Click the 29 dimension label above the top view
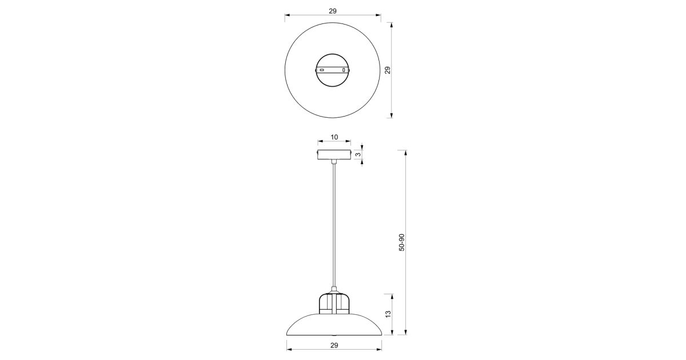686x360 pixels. (333, 11)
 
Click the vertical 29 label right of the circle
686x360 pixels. (388, 70)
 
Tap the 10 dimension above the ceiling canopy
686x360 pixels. (334, 137)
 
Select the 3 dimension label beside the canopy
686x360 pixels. (358, 155)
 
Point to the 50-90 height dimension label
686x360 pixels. (401, 242)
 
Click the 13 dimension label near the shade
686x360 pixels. (388, 314)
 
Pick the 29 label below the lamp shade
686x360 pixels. (334, 345)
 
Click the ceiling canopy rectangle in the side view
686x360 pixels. (334, 155)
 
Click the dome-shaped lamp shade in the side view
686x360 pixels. (334, 325)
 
